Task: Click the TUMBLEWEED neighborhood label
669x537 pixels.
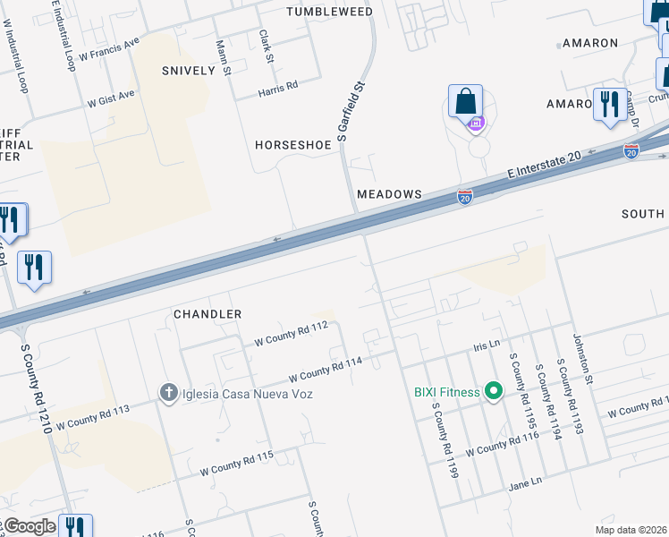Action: point(328,11)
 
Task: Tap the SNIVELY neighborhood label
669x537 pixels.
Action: point(189,70)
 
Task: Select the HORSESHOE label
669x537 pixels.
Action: point(292,144)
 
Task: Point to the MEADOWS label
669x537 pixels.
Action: point(389,194)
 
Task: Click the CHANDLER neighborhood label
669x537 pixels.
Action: point(207,314)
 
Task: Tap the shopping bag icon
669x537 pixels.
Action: point(465,101)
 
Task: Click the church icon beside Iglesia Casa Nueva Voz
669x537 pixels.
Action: point(167,393)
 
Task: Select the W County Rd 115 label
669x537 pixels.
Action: point(236,463)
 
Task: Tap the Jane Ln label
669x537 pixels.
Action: point(525,482)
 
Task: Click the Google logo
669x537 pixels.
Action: point(29,526)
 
